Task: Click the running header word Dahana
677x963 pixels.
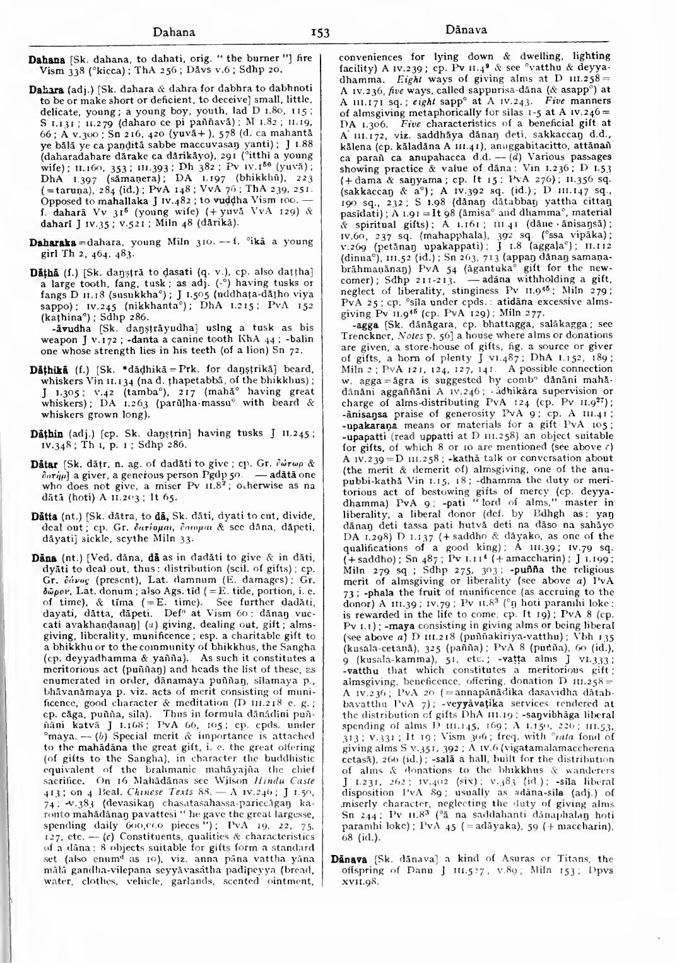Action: [x=174, y=31]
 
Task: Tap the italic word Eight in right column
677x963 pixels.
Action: [x=409, y=79]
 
